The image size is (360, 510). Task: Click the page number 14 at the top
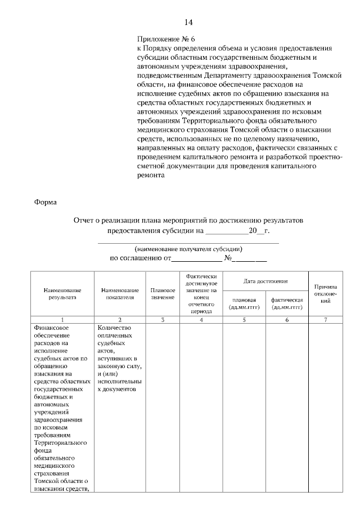point(188,23)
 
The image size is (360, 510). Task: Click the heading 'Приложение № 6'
point(166,40)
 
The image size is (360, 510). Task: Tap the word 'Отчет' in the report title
point(85,221)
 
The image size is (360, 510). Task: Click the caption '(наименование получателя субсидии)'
point(188,248)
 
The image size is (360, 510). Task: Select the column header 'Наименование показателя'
point(120,293)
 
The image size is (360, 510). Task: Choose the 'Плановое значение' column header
point(163,293)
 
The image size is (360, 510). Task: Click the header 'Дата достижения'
point(265,280)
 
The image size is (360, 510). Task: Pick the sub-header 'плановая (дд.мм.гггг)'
point(245,303)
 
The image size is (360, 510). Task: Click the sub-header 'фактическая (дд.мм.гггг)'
point(287,303)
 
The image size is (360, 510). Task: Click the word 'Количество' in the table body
point(114,328)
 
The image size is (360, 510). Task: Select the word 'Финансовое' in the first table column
point(51,328)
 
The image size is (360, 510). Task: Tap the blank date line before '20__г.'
point(227,231)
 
